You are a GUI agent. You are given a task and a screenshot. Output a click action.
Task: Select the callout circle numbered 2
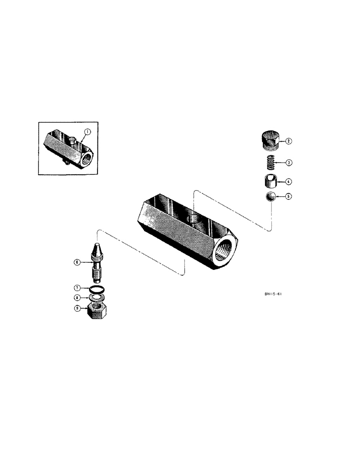(x=289, y=141)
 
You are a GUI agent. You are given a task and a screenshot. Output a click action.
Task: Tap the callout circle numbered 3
(x=289, y=163)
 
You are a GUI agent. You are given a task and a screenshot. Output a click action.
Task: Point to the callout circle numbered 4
(x=289, y=181)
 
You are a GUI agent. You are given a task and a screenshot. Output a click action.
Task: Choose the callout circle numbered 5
(x=289, y=197)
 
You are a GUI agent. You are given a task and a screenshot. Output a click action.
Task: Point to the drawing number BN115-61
(x=272, y=294)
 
